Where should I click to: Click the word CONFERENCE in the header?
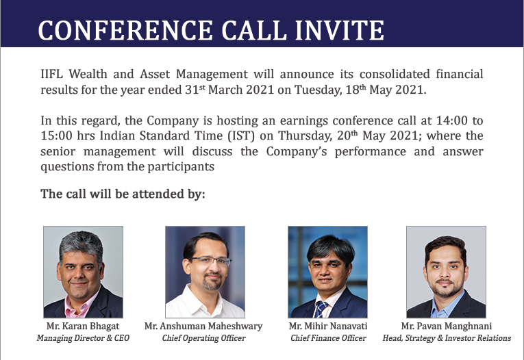click(125, 30)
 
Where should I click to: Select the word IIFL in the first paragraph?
click(51, 74)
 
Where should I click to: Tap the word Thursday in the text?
click(305, 136)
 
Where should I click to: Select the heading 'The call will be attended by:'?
click(123, 194)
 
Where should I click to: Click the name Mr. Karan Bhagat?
click(83, 326)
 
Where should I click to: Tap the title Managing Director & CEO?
click(83, 338)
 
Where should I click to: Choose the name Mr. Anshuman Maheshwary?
click(203, 326)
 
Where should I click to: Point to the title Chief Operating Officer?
click(203, 338)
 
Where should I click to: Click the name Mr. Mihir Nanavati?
click(328, 326)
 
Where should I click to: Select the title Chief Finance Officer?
click(328, 338)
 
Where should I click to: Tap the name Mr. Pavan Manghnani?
click(447, 326)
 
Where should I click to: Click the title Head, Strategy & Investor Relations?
click(447, 338)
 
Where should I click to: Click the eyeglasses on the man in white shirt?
click(209, 261)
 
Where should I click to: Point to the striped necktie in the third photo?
click(321, 309)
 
